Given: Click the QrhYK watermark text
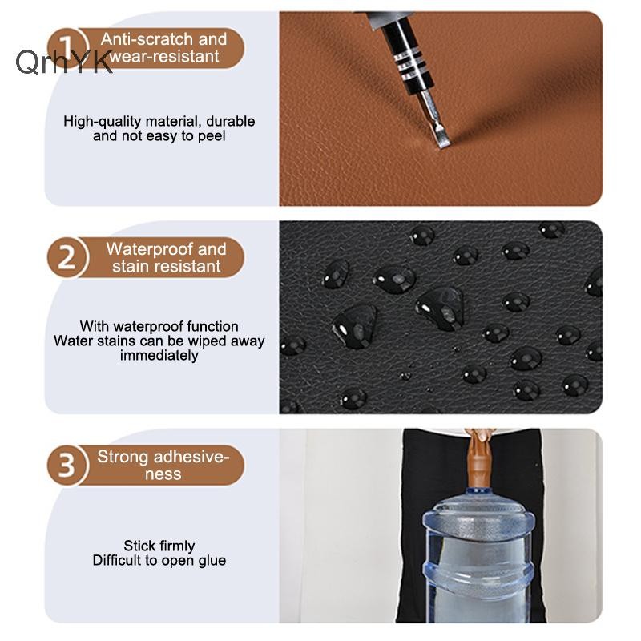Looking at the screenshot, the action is coord(64,62).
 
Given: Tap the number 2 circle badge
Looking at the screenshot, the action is coord(67,257).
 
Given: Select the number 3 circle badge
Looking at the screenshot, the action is coord(67,466).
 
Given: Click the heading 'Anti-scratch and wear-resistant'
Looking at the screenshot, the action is coord(163,48).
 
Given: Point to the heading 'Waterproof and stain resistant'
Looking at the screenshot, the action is coord(166,257).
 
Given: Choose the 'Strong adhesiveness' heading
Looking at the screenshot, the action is coord(163,466).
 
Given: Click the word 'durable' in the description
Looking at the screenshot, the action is coord(231,122).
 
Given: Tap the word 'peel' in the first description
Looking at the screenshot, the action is coord(212,136).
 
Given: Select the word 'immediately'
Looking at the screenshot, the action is coord(159,356).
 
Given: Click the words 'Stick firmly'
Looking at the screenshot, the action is coord(159,546).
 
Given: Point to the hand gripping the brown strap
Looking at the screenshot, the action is coord(481,435).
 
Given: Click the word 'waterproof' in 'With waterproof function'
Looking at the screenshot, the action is coord(149,327).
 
